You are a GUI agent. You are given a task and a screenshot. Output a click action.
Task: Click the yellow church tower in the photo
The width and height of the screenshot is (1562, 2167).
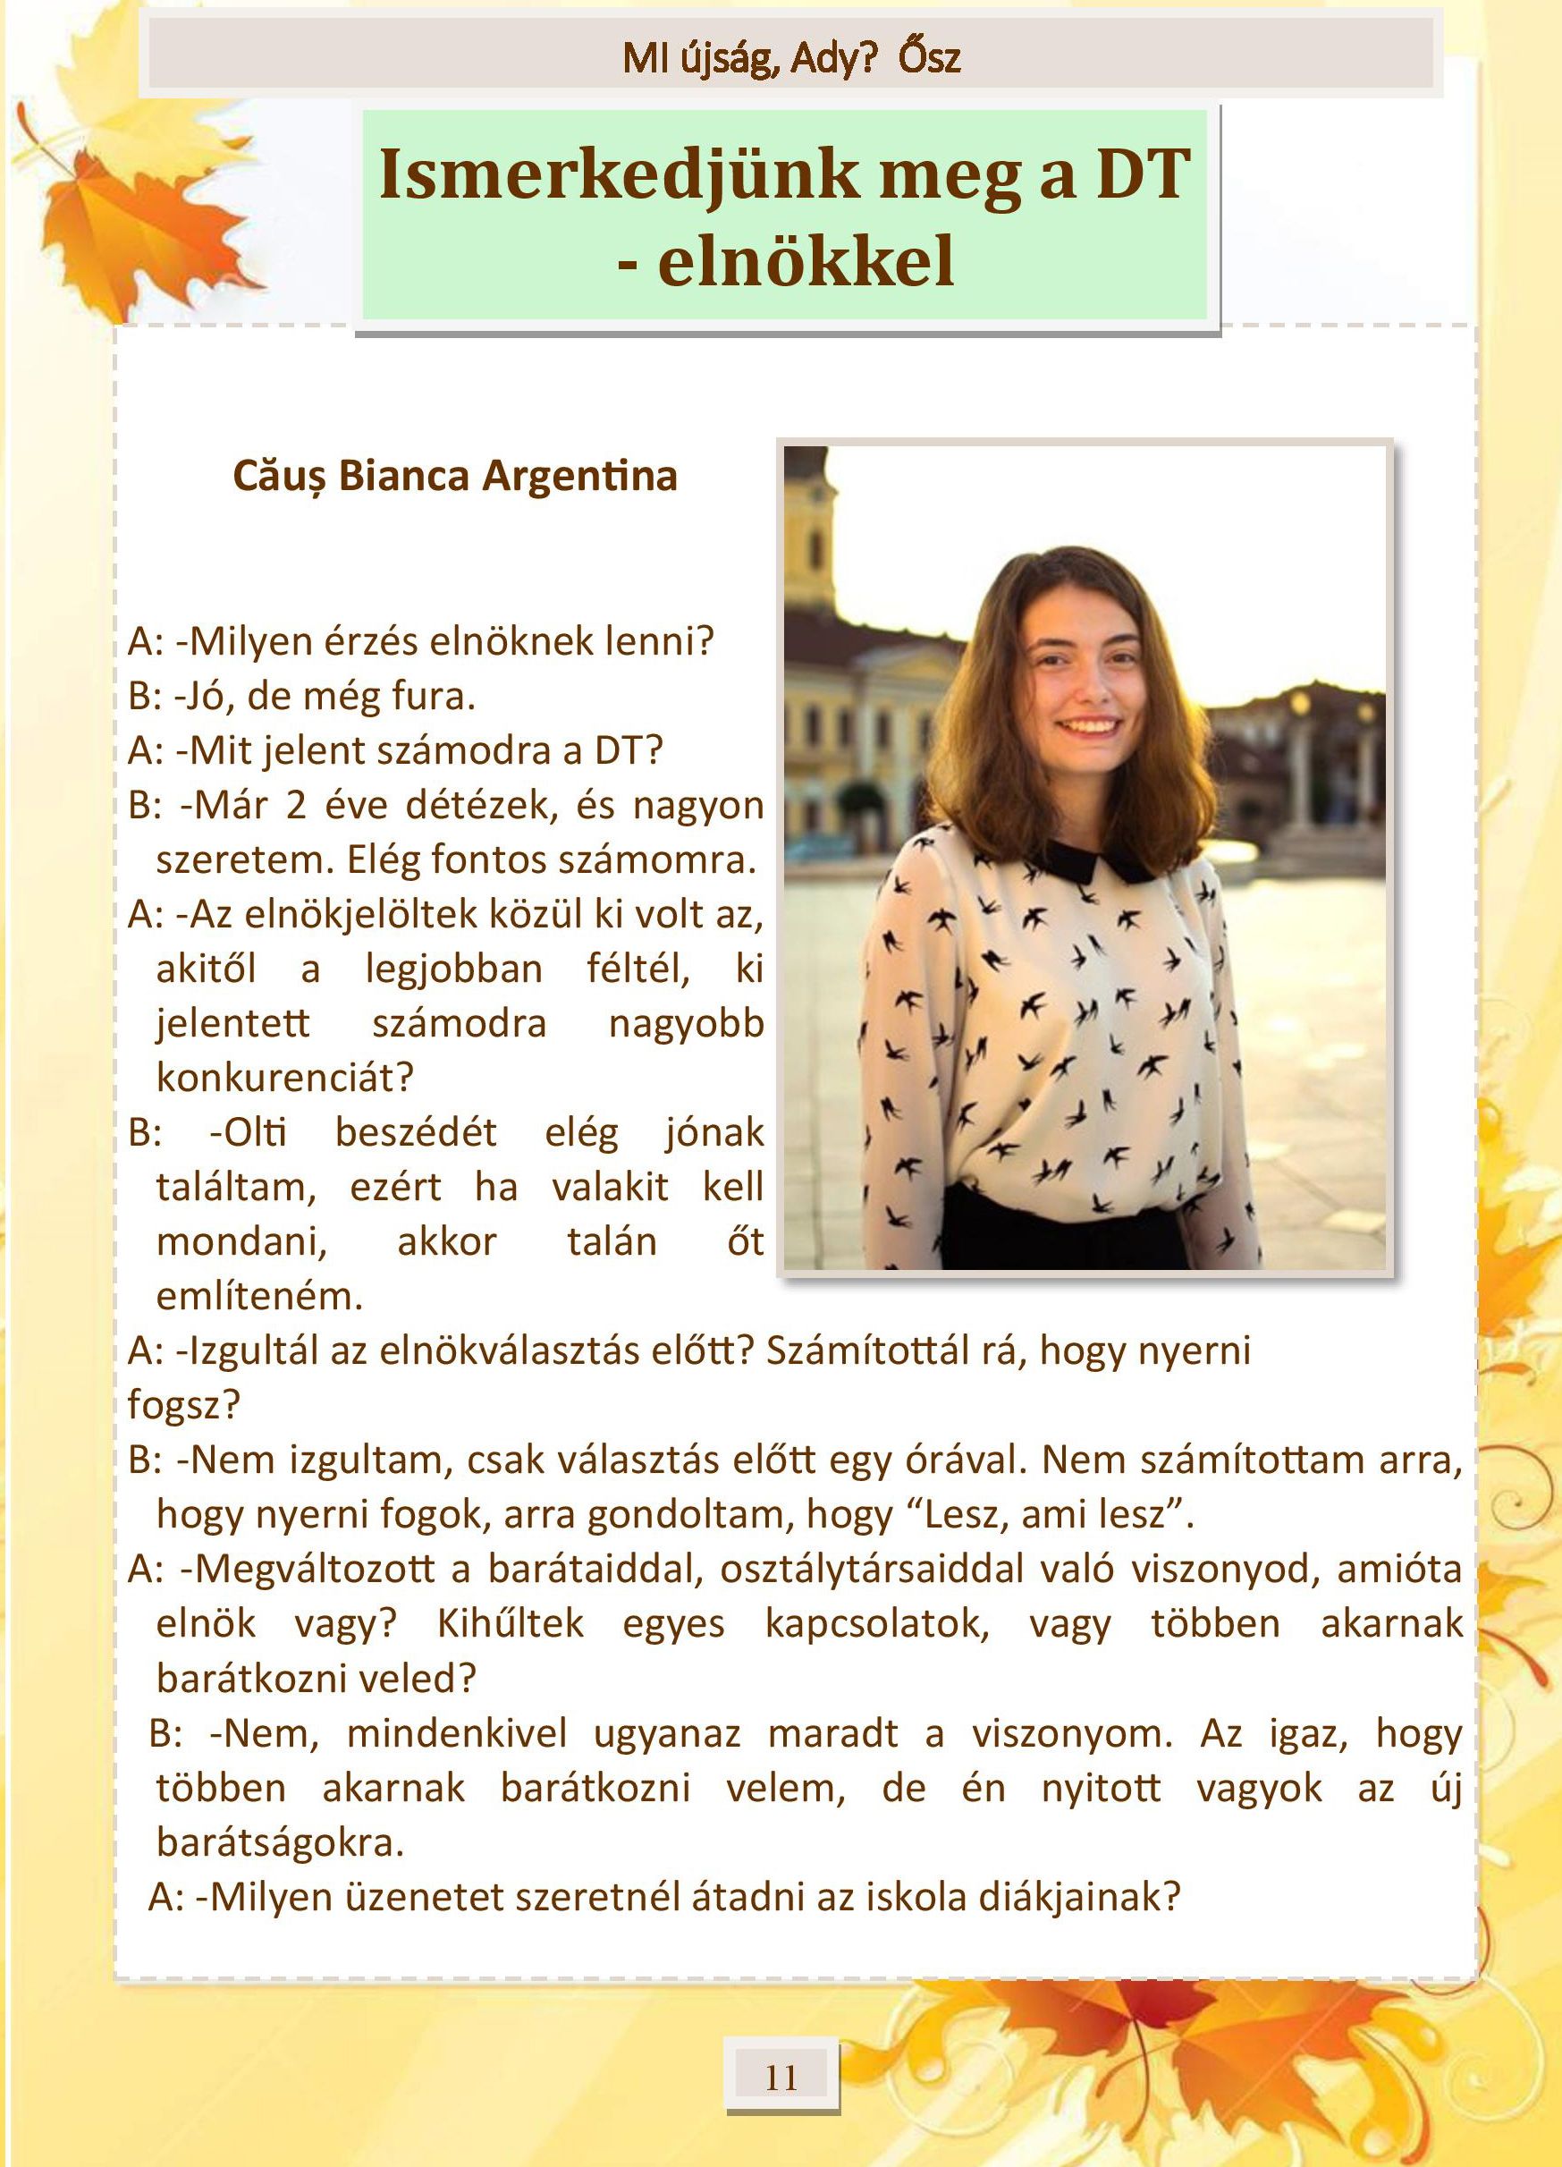[x=810, y=535]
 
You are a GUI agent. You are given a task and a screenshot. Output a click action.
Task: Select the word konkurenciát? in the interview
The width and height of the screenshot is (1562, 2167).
[x=284, y=1078]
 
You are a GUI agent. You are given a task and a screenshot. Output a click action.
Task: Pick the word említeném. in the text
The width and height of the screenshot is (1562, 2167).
[x=260, y=1297]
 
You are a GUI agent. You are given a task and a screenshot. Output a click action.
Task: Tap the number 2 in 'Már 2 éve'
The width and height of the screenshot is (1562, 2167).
[x=295, y=806]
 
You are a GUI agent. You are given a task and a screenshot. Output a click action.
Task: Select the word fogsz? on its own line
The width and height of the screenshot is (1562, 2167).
[x=183, y=1406]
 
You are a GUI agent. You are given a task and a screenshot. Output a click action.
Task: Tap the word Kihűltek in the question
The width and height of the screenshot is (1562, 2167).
[x=511, y=1624]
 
